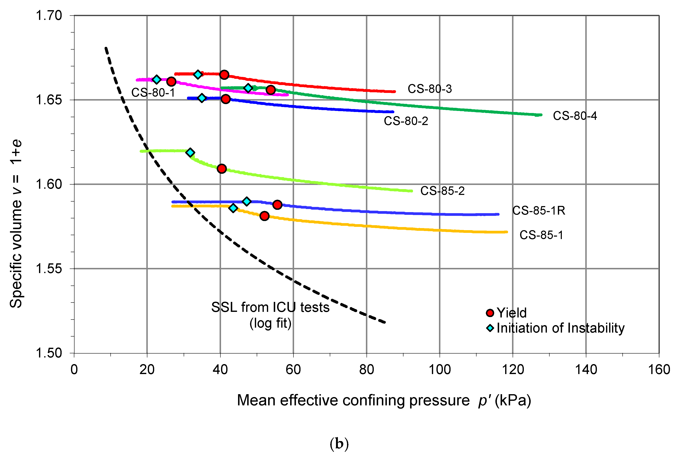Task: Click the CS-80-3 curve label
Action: pos(429,89)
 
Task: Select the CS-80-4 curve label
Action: pos(575,116)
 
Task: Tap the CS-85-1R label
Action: pos(538,210)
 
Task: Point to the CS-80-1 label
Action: pos(153,92)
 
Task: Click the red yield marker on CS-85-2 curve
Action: pos(222,169)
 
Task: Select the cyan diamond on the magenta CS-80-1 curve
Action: pos(157,79)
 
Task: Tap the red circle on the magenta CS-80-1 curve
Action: pos(171,81)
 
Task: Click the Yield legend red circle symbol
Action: pos(490,313)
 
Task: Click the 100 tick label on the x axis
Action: pos(440,370)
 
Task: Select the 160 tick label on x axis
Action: pos(659,370)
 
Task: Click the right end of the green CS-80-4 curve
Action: pos(541,115)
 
